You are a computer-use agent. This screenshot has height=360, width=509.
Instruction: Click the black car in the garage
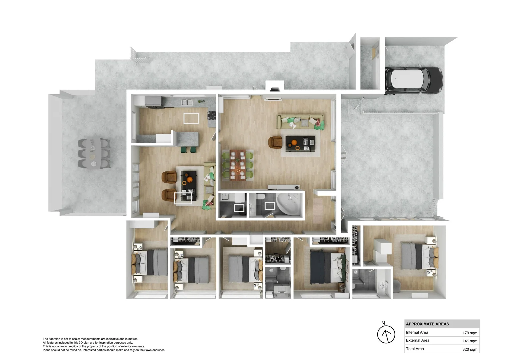(x=414, y=80)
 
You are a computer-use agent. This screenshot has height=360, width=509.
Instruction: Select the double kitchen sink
(x=187, y=102)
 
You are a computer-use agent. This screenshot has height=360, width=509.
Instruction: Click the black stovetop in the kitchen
(x=212, y=115)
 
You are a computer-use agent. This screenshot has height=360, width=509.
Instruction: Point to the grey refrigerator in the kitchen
(x=153, y=101)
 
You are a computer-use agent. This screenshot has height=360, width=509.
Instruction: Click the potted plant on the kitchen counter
(x=201, y=101)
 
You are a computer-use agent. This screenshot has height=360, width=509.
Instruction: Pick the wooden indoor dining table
(x=238, y=165)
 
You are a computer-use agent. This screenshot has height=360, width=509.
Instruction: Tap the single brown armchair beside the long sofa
(x=275, y=142)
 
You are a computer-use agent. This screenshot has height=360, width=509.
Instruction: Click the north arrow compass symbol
(x=386, y=334)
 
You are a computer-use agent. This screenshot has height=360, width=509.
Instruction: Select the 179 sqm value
(x=470, y=333)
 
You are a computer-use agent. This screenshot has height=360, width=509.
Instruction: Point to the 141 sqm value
(x=470, y=341)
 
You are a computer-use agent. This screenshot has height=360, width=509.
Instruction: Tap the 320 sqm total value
(x=470, y=349)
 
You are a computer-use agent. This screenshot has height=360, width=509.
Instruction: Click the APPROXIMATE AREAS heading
(x=427, y=324)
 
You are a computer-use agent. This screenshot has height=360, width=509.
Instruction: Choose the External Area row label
(x=417, y=340)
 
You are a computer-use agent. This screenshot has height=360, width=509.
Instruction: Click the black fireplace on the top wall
(x=275, y=89)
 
